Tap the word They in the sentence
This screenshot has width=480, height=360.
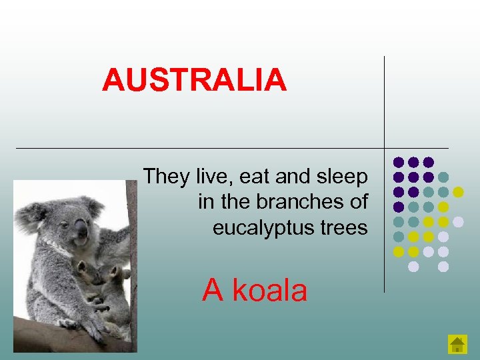point(167,177)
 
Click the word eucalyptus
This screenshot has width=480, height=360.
point(262,229)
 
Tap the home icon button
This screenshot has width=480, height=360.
point(457,344)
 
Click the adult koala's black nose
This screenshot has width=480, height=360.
point(81,231)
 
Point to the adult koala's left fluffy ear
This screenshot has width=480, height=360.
point(31,215)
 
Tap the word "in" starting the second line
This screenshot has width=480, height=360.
point(205,202)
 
